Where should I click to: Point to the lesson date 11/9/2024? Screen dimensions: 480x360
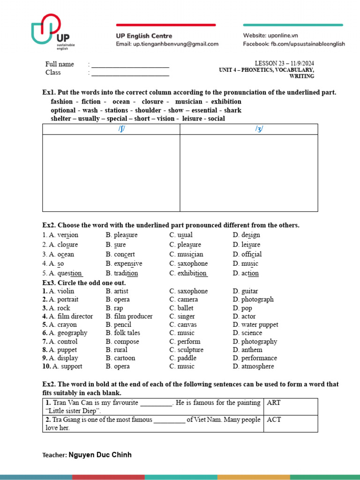coord(299,63)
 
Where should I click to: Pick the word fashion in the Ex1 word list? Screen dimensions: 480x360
coord(61,102)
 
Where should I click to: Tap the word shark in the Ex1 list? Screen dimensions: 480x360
coord(232,110)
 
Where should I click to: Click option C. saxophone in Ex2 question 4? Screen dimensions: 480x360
coord(188,263)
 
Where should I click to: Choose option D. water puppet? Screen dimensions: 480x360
coord(255,324)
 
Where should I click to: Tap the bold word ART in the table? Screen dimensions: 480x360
coord(274,403)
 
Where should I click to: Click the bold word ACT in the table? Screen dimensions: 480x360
coord(274,420)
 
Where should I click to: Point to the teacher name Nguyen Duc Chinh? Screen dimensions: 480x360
coord(100,455)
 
